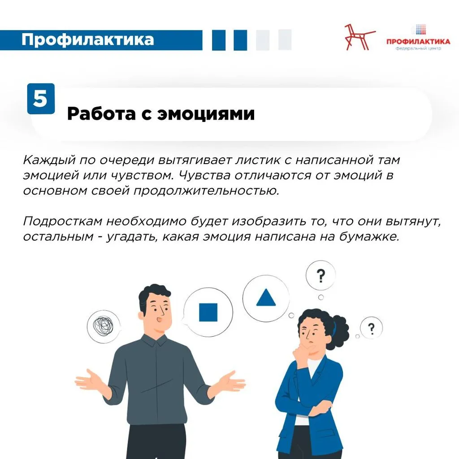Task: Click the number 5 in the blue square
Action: coord(40,98)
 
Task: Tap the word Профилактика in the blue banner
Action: coord(87,39)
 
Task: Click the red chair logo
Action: coord(359,37)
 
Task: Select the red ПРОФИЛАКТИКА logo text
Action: coord(418,41)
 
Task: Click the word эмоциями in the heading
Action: coord(206,113)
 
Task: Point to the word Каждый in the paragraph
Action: coord(49,160)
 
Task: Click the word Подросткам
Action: coord(63,221)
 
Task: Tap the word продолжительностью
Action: coord(206,191)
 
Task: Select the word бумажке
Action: coord(369,237)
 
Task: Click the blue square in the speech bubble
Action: coord(208,312)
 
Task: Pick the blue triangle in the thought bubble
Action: coord(266,298)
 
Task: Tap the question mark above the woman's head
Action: coord(321,276)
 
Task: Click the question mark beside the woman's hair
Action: coord(371,329)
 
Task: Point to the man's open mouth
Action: coord(159,319)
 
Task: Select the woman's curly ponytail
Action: coord(338,332)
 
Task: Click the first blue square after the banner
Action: coord(219,40)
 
